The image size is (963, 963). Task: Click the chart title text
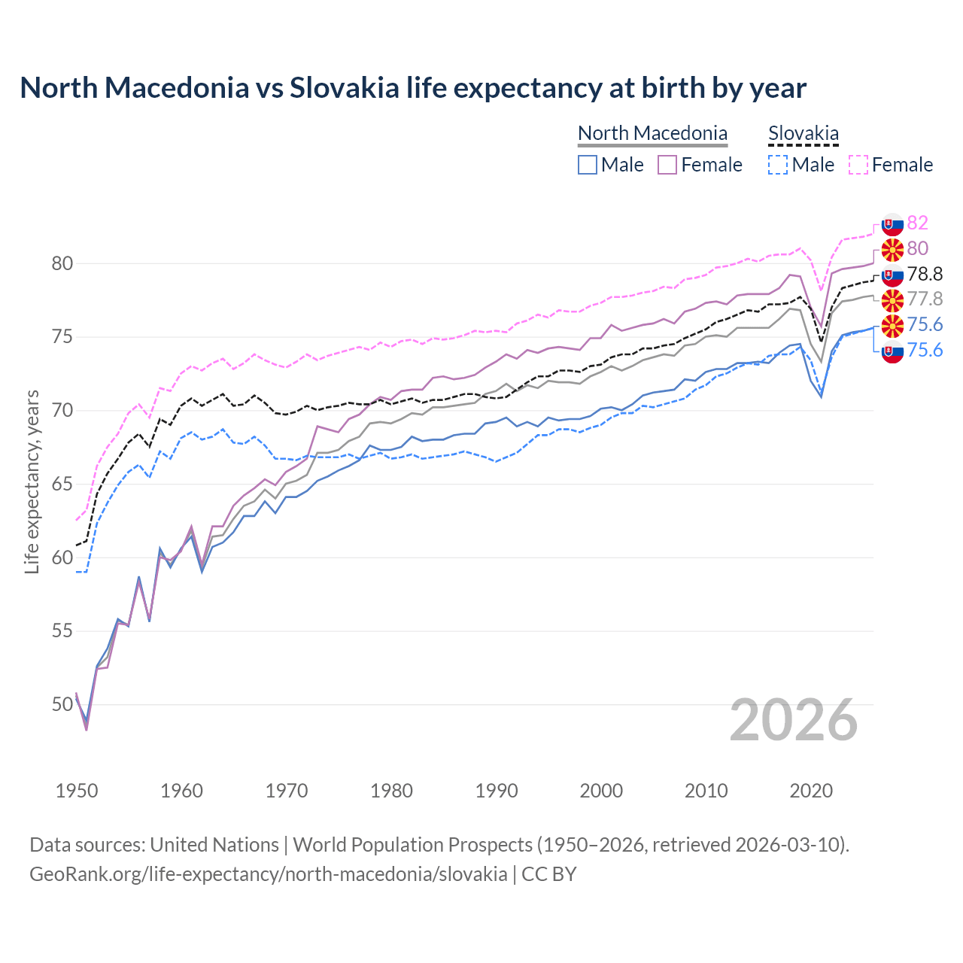413,88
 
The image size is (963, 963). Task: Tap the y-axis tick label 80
62,263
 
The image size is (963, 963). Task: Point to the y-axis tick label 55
62,630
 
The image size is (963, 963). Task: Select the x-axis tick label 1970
287,791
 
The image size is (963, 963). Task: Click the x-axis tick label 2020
811,791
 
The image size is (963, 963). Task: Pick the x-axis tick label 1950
77,791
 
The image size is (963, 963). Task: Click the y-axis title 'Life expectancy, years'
32,481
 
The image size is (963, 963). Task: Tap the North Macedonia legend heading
652,133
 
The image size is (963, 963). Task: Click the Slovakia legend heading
803,134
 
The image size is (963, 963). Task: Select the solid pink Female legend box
667,165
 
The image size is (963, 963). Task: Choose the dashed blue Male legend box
778,165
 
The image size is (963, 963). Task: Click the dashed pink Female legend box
858,165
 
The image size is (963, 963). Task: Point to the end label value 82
918,223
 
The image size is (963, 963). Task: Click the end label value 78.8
925,274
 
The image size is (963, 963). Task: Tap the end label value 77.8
925,299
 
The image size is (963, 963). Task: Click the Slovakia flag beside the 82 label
892,224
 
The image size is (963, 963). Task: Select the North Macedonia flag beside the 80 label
892,249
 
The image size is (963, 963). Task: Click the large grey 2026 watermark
794,720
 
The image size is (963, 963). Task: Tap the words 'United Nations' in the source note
214,845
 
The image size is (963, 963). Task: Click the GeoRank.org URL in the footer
269,874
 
